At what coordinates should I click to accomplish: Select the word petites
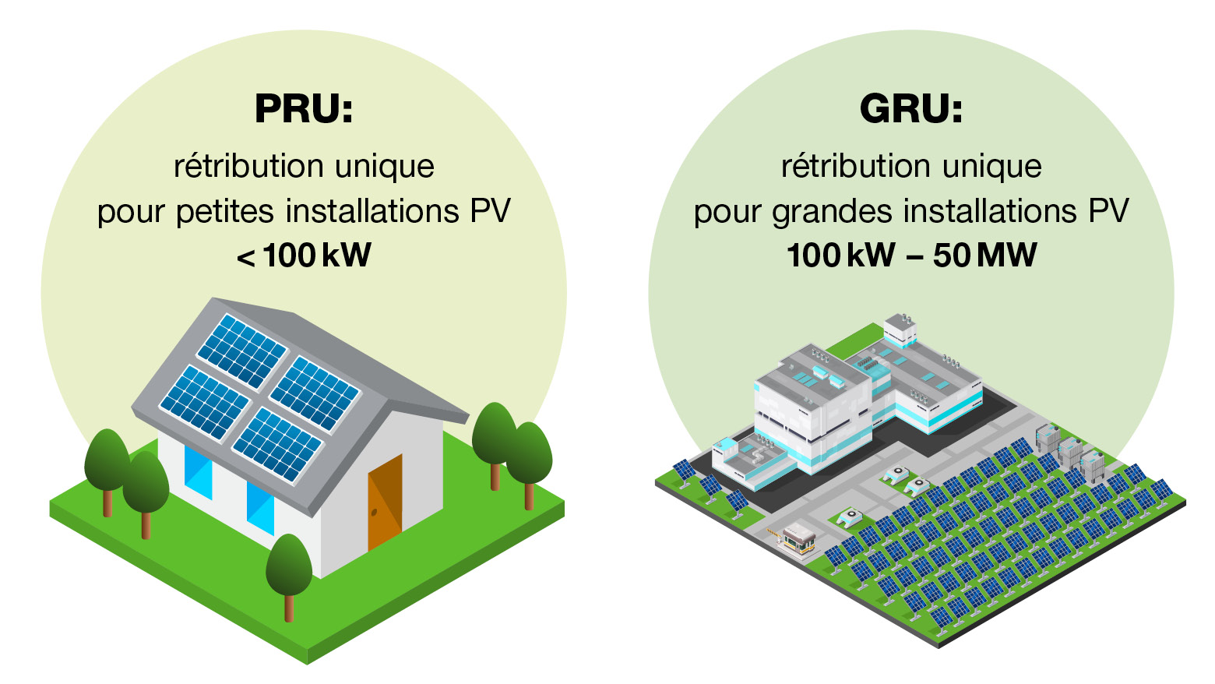click(225, 212)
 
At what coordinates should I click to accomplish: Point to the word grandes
click(832, 212)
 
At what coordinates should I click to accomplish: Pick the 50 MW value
click(984, 256)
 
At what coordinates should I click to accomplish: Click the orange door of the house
click(385, 502)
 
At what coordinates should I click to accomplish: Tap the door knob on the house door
click(375, 512)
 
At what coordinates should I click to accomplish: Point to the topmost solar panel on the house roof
click(241, 351)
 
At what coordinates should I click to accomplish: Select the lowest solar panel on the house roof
click(277, 445)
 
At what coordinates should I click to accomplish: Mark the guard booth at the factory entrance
click(798, 537)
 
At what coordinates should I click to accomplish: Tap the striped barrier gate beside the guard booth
click(774, 534)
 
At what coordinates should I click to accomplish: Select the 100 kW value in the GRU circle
click(840, 256)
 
